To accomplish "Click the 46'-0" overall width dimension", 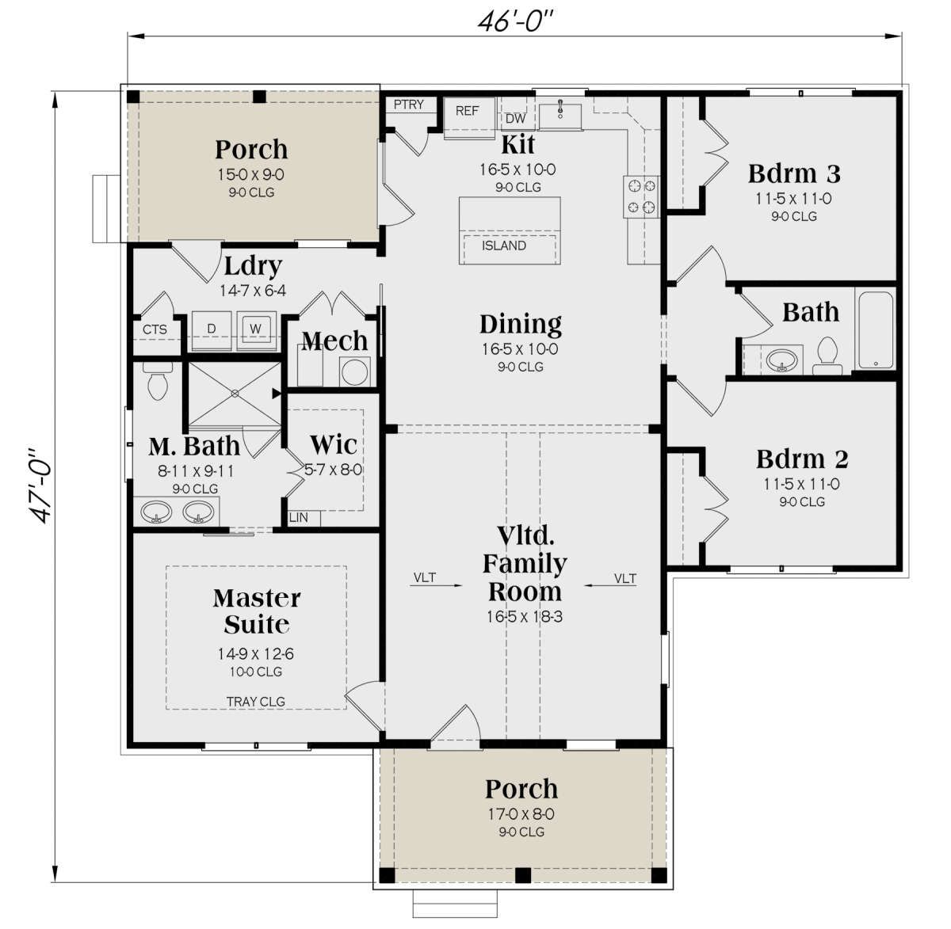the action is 516,21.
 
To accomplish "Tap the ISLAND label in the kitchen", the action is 504,246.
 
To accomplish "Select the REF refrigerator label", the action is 467,111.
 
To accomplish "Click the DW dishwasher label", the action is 515,119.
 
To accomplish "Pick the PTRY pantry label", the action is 409,105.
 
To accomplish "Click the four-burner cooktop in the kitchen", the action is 640,196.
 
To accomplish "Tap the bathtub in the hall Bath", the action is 875,329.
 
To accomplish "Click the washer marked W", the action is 256,329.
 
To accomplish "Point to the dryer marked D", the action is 211,329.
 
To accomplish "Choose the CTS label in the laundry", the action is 155,329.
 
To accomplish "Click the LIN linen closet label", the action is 298,517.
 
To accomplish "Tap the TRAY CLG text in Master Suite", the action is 256,702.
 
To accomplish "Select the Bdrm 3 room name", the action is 794,173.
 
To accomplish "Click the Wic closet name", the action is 334,444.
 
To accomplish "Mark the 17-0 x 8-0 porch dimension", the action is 521,813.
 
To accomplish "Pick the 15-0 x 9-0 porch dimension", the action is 251,174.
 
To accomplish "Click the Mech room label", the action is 334,341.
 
